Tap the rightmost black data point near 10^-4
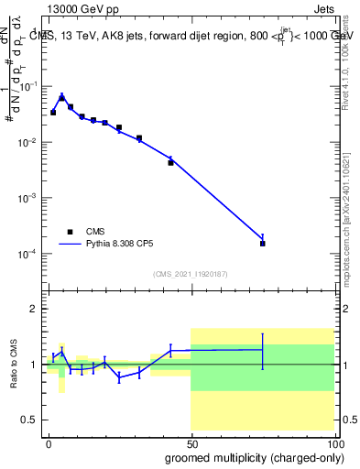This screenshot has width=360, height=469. [x=263, y=244]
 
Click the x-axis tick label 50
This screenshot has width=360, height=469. [x=191, y=442]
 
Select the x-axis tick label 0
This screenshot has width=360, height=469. [x=49, y=442]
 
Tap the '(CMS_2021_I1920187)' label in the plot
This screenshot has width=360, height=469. [x=191, y=274]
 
